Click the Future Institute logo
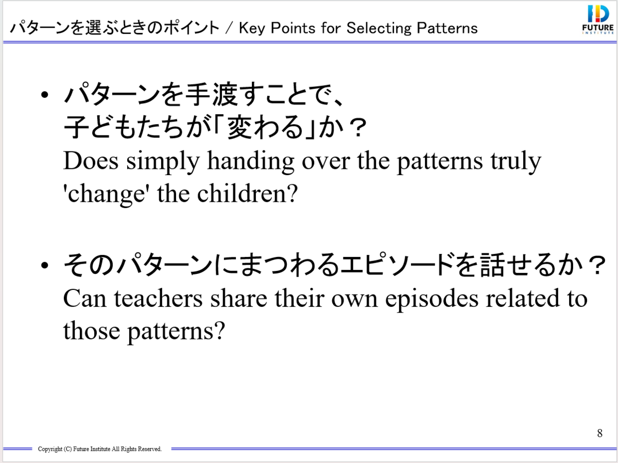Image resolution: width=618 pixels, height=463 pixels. point(598,19)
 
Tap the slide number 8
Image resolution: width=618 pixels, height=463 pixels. point(599,433)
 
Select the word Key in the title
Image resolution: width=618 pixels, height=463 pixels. point(252,28)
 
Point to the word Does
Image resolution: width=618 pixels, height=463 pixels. point(91,161)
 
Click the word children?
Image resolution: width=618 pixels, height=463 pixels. point(247,193)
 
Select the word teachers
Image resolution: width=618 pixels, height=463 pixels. point(158,298)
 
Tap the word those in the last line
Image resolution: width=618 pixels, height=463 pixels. point(92,331)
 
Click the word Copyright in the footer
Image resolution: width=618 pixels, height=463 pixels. point(50,449)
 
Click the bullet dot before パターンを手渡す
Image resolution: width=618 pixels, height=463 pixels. point(44,95)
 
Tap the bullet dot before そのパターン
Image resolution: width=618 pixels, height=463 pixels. point(44,265)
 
